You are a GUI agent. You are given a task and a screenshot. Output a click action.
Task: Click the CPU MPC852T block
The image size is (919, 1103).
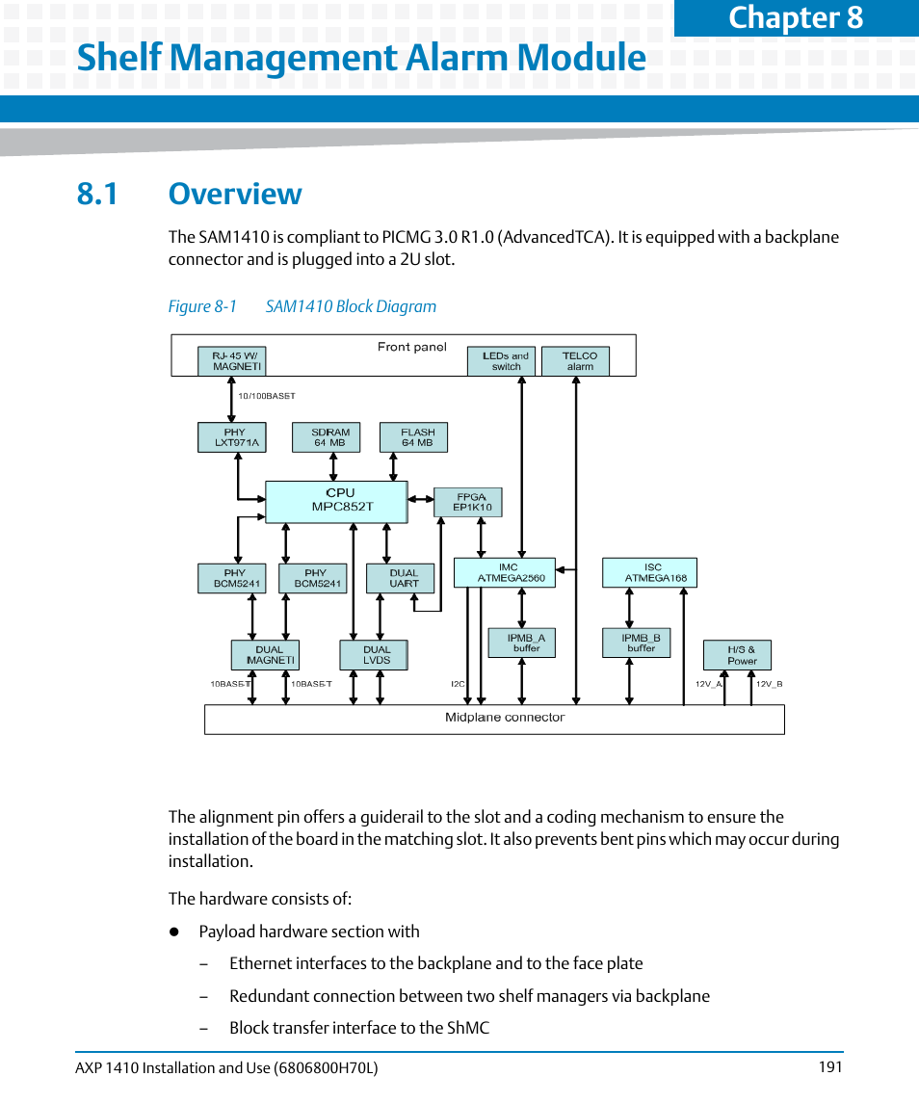coord(336,501)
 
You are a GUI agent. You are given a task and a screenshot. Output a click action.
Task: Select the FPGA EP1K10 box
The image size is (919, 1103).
coord(468,502)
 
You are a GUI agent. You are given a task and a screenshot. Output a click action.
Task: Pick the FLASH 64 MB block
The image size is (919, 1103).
coord(417,437)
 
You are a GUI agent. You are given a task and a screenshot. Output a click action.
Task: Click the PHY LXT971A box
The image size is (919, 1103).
coord(231,437)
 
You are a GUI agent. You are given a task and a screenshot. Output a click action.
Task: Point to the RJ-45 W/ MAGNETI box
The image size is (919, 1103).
coord(232,361)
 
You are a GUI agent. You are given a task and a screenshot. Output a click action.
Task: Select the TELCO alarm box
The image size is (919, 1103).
coord(576,361)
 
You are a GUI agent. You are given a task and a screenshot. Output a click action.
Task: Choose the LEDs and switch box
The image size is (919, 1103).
coord(502,361)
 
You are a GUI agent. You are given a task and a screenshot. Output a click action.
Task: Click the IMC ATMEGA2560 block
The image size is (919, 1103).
coord(505,572)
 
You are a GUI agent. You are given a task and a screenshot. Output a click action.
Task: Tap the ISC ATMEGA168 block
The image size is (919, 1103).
coord(649,572)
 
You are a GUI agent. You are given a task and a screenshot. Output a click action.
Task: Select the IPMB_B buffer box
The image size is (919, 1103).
coord(636,643)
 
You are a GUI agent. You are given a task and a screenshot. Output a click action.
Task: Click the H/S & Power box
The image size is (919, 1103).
coord(737,655)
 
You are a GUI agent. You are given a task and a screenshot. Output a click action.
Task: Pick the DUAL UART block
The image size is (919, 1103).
coord(401,578)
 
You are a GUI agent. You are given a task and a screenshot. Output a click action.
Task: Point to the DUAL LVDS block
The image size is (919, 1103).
coord(374,655)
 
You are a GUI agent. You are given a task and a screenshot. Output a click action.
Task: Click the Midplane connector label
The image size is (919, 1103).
coord(504,718)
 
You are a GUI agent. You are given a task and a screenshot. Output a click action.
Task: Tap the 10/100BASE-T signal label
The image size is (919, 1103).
coord(266,396)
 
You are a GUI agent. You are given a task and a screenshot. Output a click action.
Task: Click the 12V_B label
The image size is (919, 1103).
coord(769,684)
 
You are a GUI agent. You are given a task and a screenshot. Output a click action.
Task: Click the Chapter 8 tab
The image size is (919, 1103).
coord(796,17)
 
